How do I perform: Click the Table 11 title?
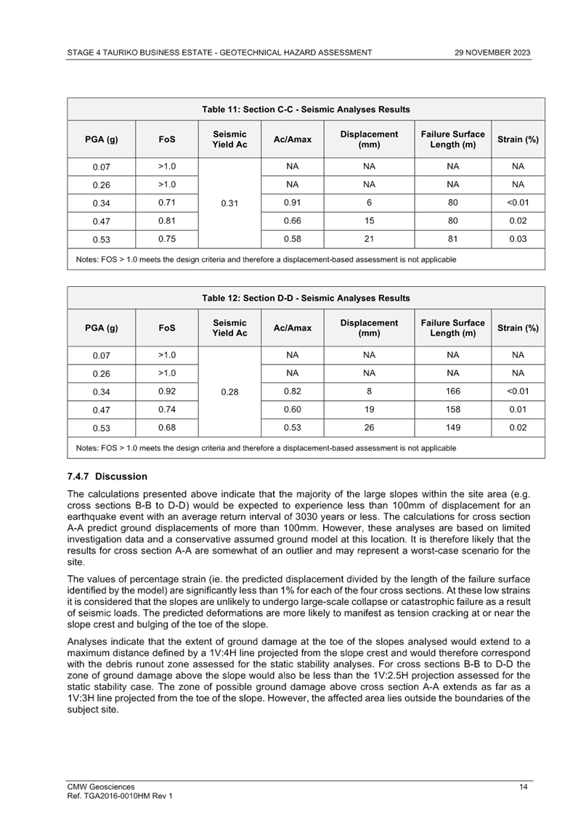(x=306, y=110)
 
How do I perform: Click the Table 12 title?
(x=306, y=299)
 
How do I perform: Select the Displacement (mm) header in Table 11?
(x=369, y=139)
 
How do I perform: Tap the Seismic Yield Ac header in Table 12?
(x=229, y=328)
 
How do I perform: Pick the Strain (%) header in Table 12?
(x=518, y=328)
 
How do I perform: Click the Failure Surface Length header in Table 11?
(x=452, y=139)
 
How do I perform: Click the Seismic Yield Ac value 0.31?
(x=229, y=203)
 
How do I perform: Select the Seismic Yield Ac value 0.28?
(x=229, y=392)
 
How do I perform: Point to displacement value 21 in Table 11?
(x=369, y=239)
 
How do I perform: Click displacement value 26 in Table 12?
(x=369, y=428)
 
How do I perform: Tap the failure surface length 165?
(x=452, y=392)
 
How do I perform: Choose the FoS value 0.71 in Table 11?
(x=167, y=203)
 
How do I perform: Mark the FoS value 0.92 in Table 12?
(x=167, y=392)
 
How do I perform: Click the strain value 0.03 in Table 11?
(x=518, y=239)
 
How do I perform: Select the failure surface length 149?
(x=452, y=428)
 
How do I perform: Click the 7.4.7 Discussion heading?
(x=106, y=476)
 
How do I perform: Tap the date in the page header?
(x=492, y=53)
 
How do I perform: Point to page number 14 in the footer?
(x=523, y=787)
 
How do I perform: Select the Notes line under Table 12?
(x=266, y=448)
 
